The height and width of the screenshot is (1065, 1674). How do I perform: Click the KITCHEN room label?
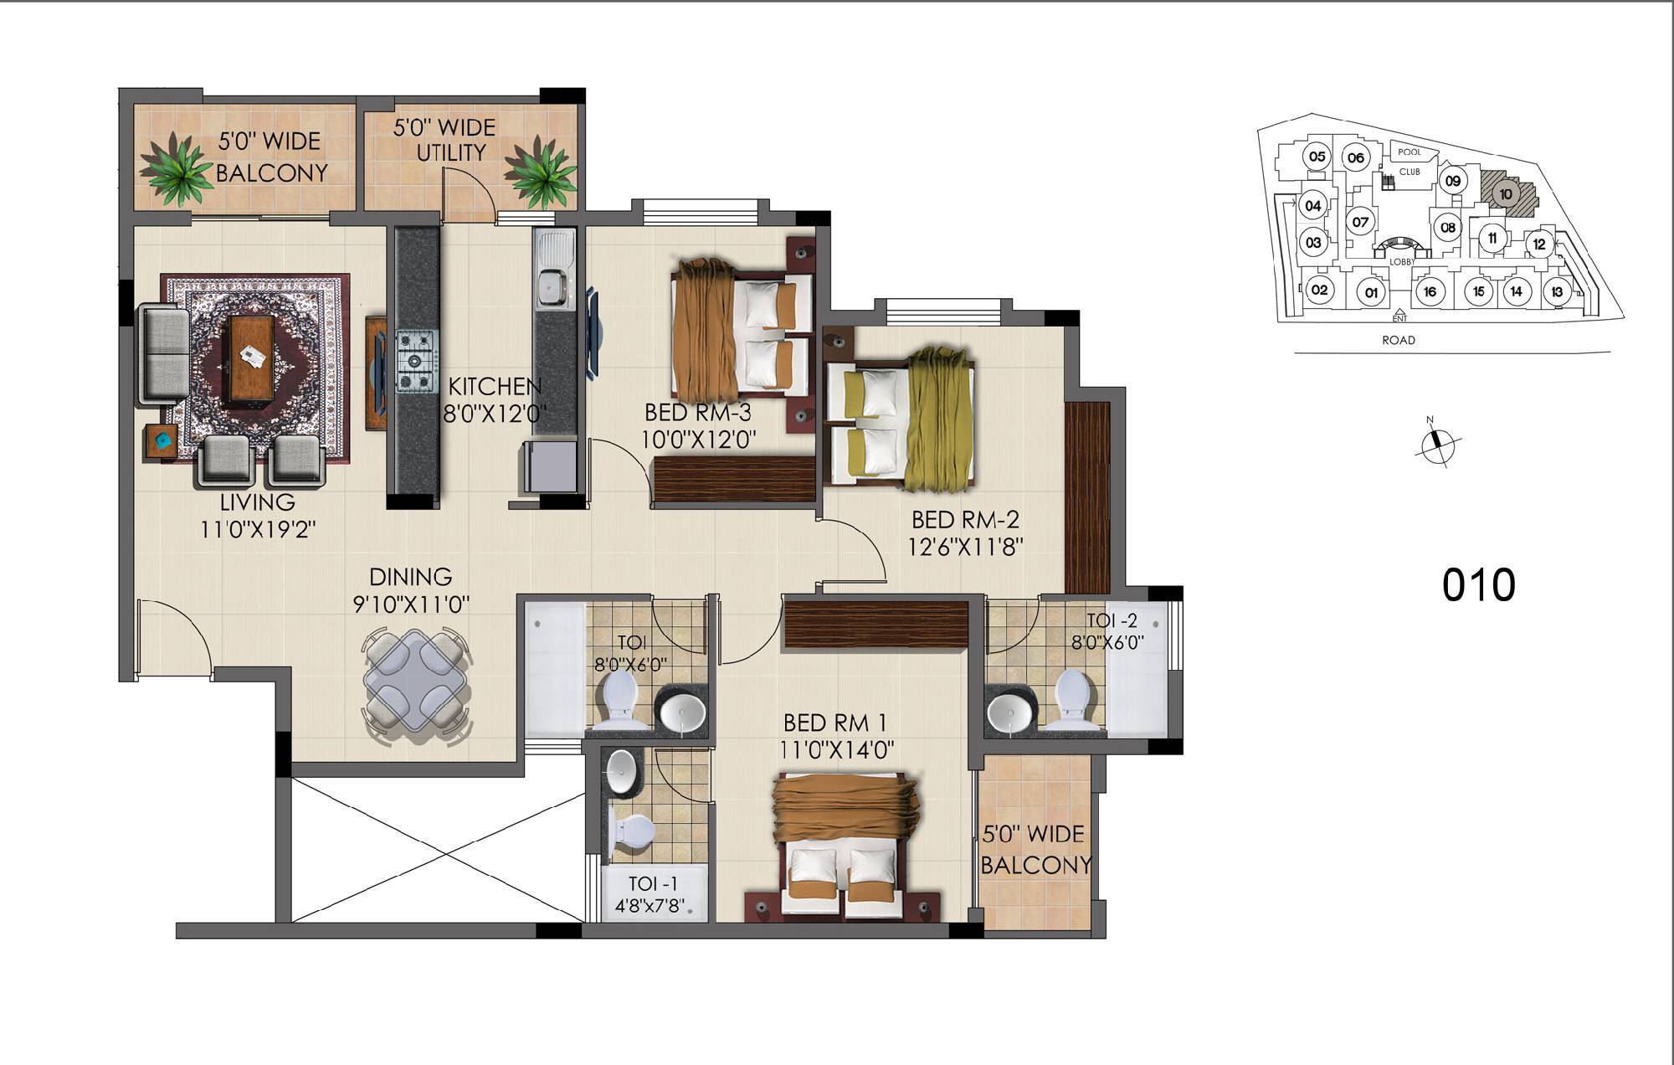click(x=495, y=387)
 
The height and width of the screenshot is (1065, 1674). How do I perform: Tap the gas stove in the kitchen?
click(x=417, y=361)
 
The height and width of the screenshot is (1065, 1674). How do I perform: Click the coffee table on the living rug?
click(x=250, y=358)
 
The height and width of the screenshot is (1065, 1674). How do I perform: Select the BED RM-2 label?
click(x=966, y=521)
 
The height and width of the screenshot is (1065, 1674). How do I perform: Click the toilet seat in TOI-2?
click(x=1072, y=696)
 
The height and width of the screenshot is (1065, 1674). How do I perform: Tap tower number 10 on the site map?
click(x=1506, y=194)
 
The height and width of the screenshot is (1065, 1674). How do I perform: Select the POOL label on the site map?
click(x=1410, y=152)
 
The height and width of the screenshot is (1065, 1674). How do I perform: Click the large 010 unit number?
click(x=1478, y=585)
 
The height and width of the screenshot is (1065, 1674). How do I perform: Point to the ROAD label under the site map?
click(x=1399, y=340)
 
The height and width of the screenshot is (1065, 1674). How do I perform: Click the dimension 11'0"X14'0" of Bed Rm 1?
click(x=837, y=750)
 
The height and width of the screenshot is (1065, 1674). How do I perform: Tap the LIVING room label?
click(x=257, y=502)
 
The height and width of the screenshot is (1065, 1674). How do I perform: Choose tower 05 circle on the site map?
click(x=1317, y=157)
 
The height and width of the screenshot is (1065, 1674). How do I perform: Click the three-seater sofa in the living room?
click(x=164, y=352)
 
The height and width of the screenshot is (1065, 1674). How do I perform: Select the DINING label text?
click(x=410, y=577)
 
